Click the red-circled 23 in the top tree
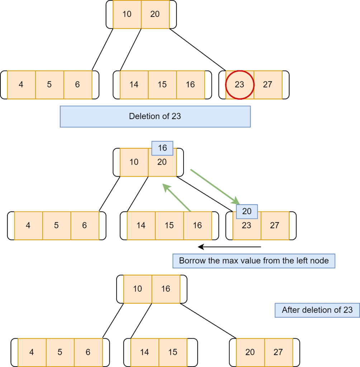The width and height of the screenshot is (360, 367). click(x=240, y=85)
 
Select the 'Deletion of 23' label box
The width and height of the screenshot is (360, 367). click(x=155, y=116)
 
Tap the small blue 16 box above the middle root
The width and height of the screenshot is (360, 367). click(x=162, y=148)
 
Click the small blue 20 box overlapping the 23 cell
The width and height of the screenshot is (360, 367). click(x=247, y=211)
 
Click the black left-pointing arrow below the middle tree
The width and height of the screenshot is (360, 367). click(x=229, y=247)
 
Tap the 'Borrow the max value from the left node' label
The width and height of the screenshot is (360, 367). click(x=254, y=261)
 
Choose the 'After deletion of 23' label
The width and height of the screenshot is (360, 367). click(x=317, y=310)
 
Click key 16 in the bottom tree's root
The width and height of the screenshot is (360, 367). click(x=166, y=289)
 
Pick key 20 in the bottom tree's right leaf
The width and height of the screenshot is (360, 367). click(x=250, y=352)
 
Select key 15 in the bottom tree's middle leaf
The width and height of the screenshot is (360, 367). click(x=173, y=352)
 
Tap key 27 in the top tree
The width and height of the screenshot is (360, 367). click(x=267, y=85)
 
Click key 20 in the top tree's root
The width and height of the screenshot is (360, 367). click(x=155, y=14)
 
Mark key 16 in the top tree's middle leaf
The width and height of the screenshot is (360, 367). click(x=190, y=85)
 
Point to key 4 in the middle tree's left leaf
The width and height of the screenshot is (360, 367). click(x=28, y=225)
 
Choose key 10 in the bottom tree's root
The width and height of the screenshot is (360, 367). click(x=138, y=289)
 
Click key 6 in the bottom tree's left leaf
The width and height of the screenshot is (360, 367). click(x=88, y=352)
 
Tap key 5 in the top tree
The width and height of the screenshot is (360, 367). click(x=49, y=85)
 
